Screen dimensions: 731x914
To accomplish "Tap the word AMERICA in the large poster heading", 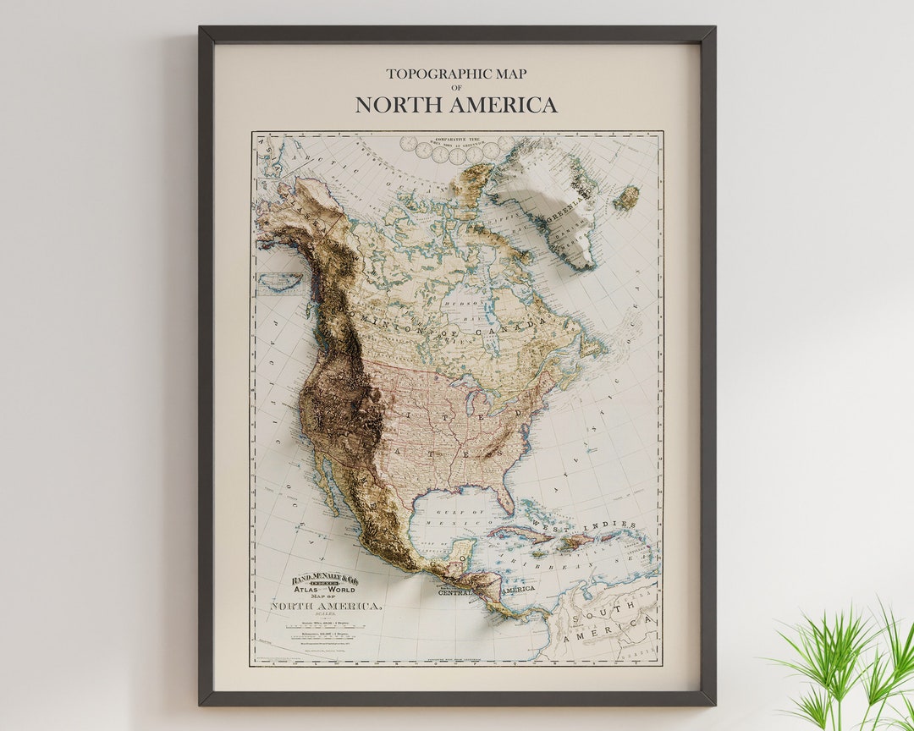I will tap(504, 105).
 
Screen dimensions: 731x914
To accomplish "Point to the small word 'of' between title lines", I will tap(456, 88).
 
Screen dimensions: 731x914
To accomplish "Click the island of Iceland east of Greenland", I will tap(626, 198).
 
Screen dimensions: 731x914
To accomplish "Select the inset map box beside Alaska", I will tap(280, 281).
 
